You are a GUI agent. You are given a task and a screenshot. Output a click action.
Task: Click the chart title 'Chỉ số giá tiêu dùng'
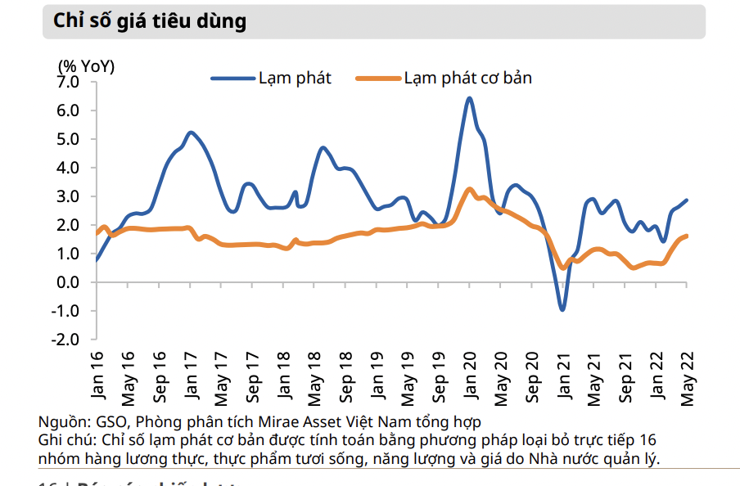tap(150, 21)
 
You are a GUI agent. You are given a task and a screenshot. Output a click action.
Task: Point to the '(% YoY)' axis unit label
tap(86, 66)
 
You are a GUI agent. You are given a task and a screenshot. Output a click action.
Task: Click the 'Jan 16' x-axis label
tap(97, 377)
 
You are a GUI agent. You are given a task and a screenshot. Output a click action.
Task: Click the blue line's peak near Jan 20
tap(469, 99)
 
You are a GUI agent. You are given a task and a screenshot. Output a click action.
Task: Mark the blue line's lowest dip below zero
tap(562, 309)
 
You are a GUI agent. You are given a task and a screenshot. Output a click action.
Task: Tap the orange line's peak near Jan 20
tap(469, 189)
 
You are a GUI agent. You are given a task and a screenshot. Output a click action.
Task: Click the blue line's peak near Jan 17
tap(191, 133)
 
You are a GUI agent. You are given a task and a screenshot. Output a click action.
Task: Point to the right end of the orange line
tap(686, 236)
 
